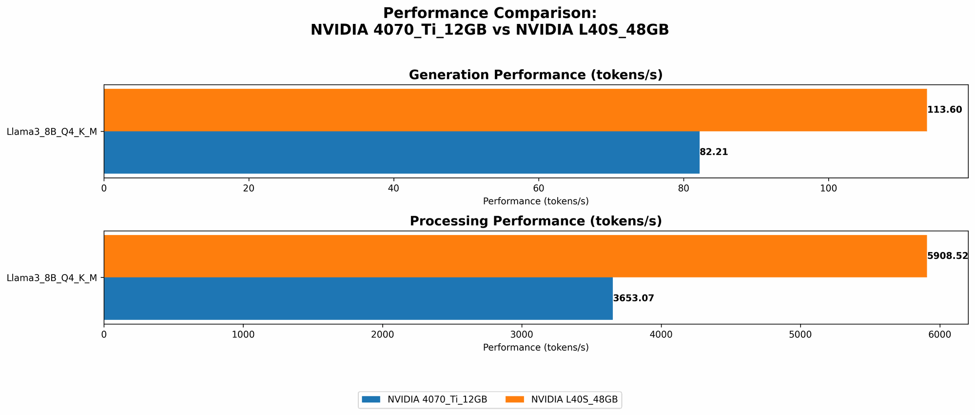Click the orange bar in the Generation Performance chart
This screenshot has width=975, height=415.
[515, 110]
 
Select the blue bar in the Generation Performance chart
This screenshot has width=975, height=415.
[401, 152]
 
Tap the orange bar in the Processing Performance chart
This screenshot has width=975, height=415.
[515, 256]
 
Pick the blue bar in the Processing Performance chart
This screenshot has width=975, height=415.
[358, 298]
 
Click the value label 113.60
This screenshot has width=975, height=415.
[944, 110]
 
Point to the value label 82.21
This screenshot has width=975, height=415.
[714, 152]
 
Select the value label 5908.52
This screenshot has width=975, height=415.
[947, 256]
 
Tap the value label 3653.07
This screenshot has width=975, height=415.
[633, 298]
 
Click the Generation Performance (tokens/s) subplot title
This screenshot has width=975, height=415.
[535, 75]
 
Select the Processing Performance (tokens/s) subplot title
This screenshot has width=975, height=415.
[535, 221]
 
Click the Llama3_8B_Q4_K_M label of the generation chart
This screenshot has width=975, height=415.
[52, 131]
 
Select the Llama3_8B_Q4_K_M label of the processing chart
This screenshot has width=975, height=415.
[52, 278]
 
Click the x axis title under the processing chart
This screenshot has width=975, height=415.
[535, 348]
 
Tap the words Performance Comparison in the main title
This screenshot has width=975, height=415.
[489, 13]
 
